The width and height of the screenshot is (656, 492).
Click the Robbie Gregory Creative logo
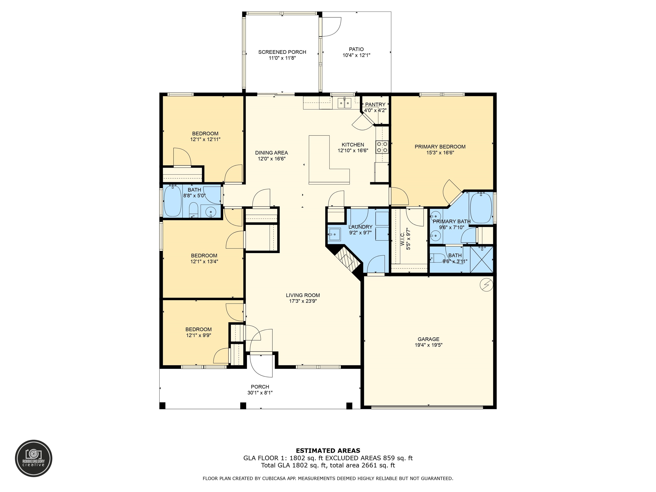[34, 458]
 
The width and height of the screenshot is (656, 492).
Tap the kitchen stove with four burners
[382, 147]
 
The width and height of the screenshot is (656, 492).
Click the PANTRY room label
[375, 104]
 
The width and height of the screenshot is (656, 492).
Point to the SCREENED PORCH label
[282, 52]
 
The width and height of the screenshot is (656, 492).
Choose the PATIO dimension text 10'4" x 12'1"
[356, 55]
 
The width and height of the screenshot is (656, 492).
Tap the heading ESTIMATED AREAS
[328, 451]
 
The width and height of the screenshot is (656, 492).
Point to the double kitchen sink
[344, 103]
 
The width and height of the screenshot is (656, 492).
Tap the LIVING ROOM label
[303, 295]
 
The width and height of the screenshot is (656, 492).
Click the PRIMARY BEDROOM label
[440, 146]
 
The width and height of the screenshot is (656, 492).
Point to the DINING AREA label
[271, 153]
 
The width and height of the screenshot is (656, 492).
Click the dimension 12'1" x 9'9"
[198, 335]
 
